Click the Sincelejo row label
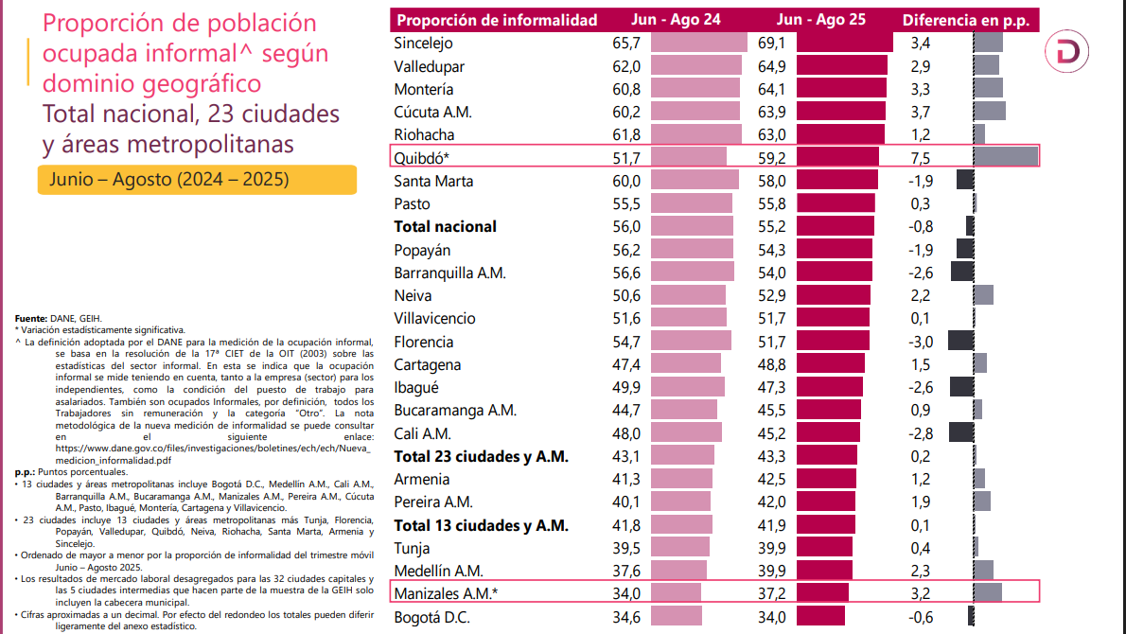click(424, 44)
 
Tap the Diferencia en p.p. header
click(965, 20)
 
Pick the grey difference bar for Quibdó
click(1005, 156)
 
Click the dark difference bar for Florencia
click(960, 342)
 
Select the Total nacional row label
click(445, 226)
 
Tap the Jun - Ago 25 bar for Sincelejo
click(845, 43)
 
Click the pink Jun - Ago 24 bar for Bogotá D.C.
click(675, 617)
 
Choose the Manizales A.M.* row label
click(446, 593)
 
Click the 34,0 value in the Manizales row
click(627, 593)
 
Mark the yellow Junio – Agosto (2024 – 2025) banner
click(197, 179)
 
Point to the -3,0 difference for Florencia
click(921, 342)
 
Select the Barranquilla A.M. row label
click(450, 273)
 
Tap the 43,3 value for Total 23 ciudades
click(773, 456)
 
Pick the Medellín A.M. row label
click(440, 570)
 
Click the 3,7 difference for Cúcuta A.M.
click(922, 113)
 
